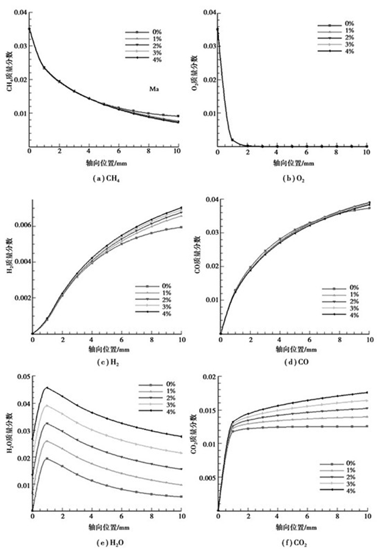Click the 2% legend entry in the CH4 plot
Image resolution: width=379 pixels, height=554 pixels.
pyautogui.click(x=158, y=46)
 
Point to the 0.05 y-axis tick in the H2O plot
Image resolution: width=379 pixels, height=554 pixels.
pyautogui.click(x=22, y=376)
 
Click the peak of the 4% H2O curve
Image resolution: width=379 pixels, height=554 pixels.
pyautogui.click(x=47, y=388)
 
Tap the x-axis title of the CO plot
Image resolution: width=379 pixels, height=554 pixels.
pyautogui.click(x=295, y=348)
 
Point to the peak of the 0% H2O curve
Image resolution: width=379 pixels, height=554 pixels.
pyautogui.click(x=47, y=458)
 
